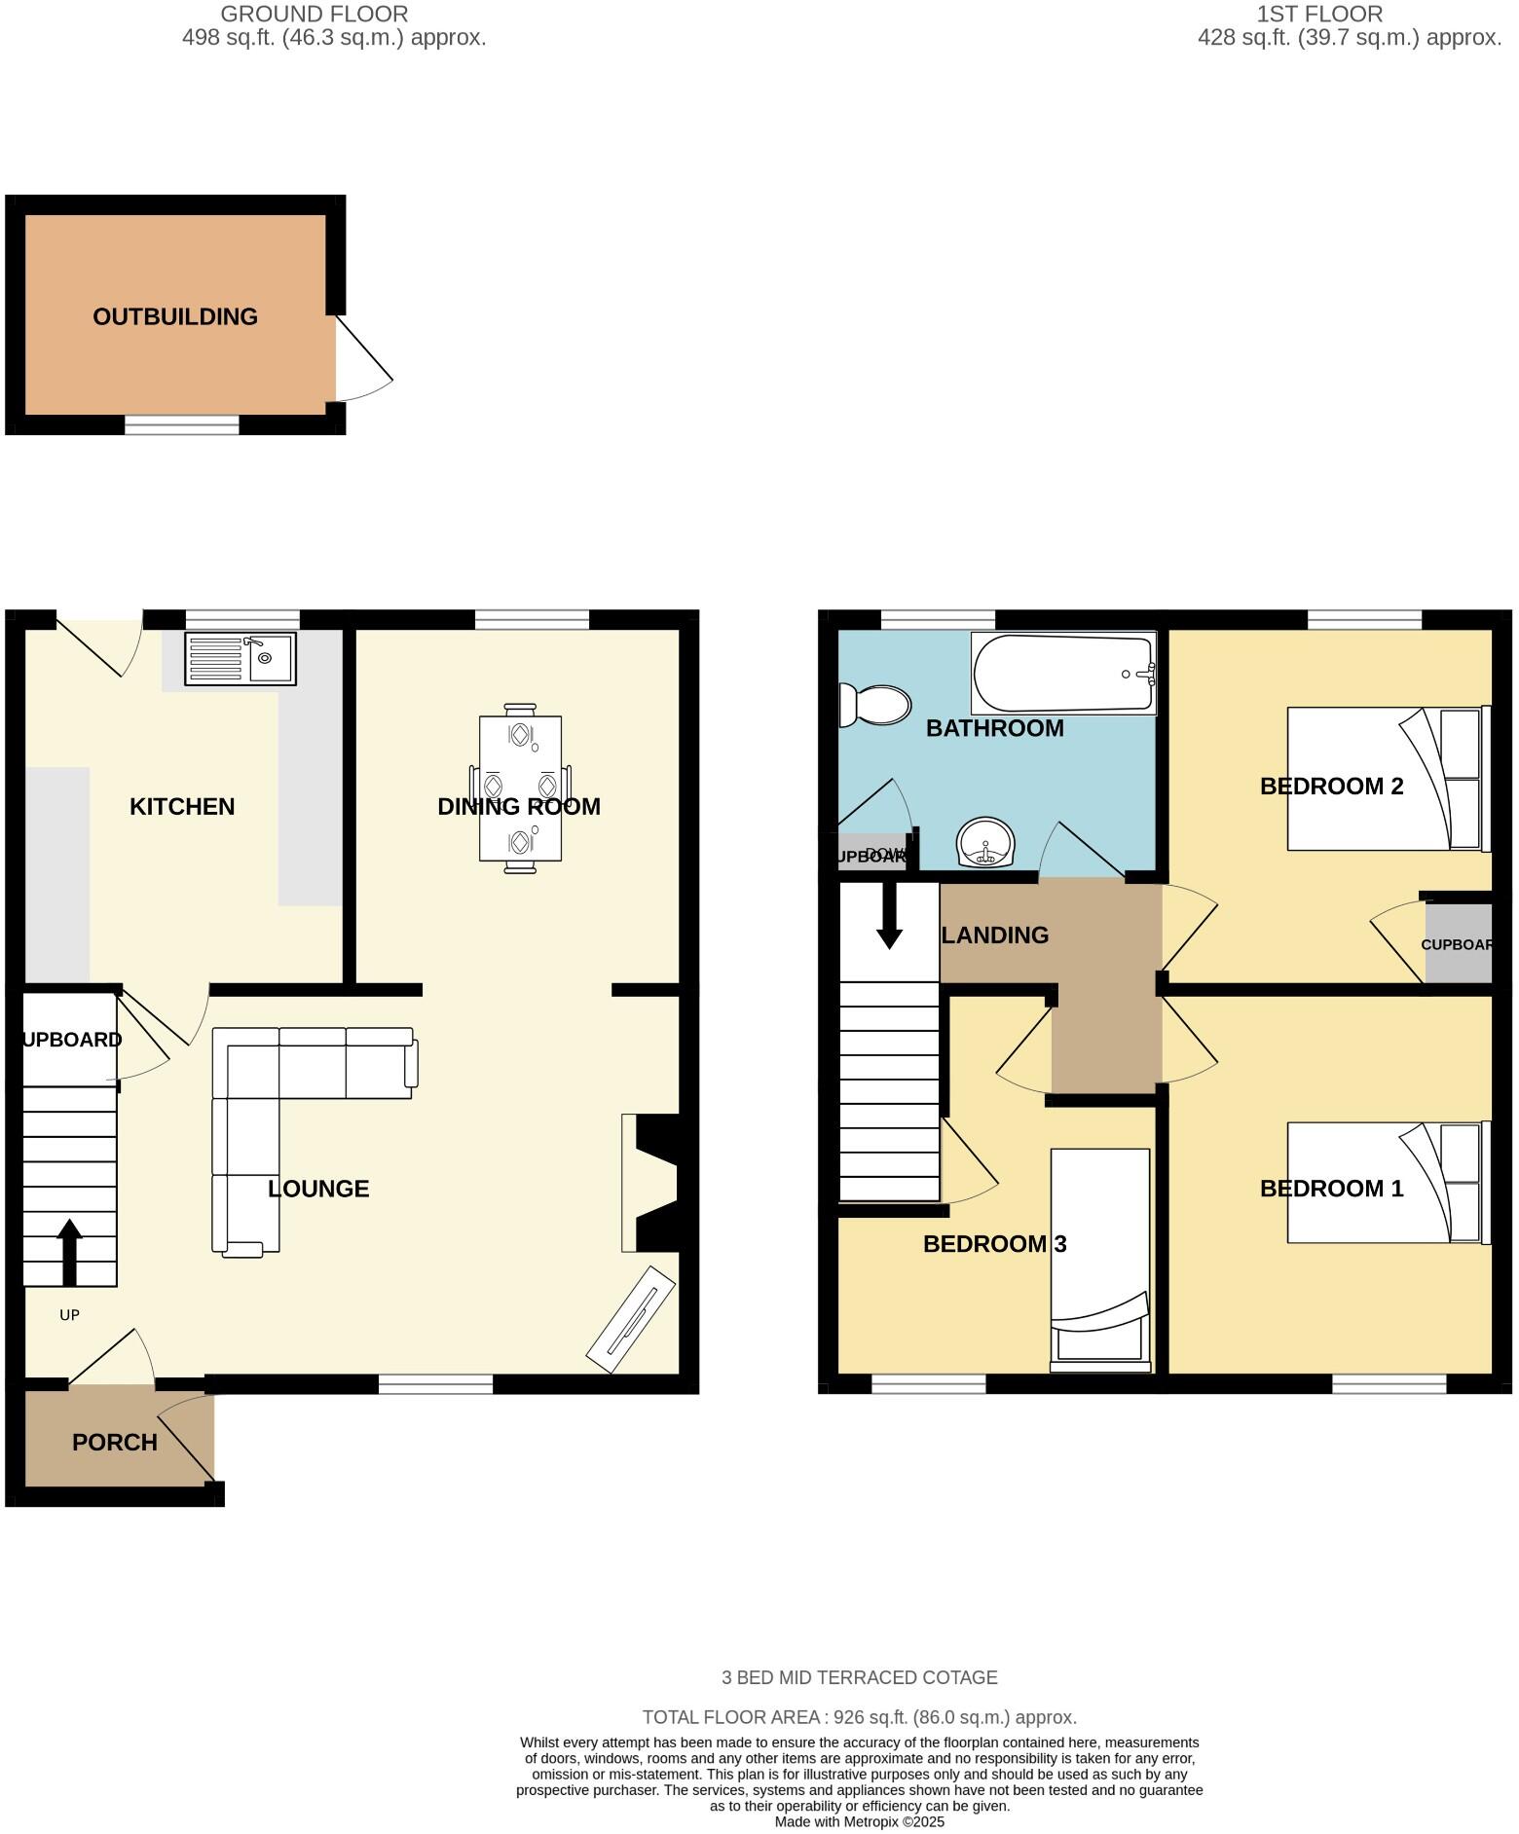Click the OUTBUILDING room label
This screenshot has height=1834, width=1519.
pyautogui.click(x=175, y=316)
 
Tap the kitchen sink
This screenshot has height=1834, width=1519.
pyautogui.click(x=241, y=658)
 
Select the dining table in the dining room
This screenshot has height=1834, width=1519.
pyautogui.click(x=520, y=789)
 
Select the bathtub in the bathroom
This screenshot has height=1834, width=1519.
pyautogui.click(x=1063, y=673)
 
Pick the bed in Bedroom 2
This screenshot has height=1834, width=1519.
pyautogui.click(x=1388, y=779)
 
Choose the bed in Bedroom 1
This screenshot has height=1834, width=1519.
pyautogui.click(x=1388, y=1183)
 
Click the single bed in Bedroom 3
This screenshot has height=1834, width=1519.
pyautogui.click(x=1100, y=1256)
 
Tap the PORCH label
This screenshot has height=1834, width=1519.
pyautogui.click(x=115, y=1442)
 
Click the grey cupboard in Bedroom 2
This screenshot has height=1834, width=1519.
pyautogui.click(x=1458, y=943)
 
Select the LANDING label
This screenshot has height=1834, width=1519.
pyautogui.click(x=995, y=935)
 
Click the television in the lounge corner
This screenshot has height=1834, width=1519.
pyautogui.click(x=631, y=1319)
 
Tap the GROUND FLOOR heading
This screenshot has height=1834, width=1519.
pyautogui.click(x=314, y=15)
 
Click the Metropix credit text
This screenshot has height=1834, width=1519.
pyautogui.click(x=859, y=1821)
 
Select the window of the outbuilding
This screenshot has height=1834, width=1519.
pyautogui.click(x=182, y=424)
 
